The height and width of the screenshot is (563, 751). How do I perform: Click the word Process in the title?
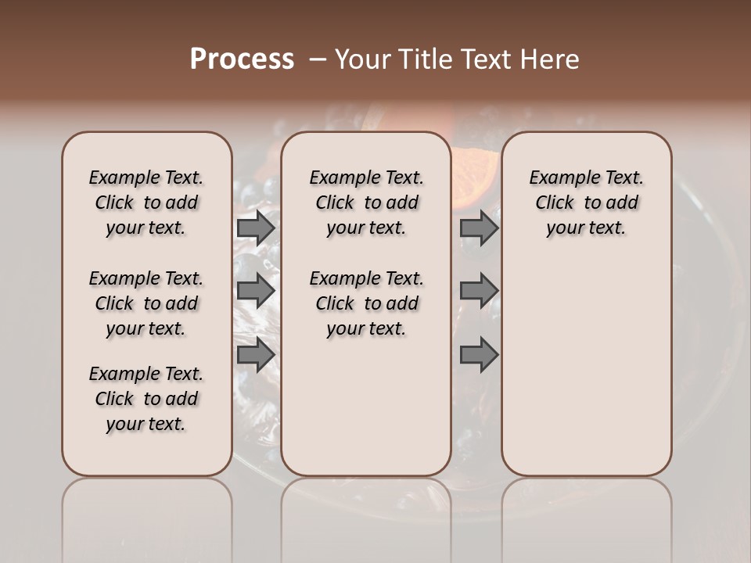(x=242, y=59)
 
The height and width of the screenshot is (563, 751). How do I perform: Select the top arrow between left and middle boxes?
(x=256, y=228)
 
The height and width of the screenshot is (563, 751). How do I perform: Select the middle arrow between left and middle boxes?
(x=256, y=292)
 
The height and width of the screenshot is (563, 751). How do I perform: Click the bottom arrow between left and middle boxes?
(x=256, y=355)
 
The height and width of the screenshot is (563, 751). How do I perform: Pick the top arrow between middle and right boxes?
(x=479, y=228)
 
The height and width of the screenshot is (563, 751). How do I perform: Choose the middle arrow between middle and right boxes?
(x=479, y=292)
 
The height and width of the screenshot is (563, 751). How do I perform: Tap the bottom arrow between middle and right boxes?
(x=479, y=355)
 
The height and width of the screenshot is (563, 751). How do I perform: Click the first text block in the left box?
(x=146, y=203)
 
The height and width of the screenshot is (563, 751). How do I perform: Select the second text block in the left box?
(x=146, y=303)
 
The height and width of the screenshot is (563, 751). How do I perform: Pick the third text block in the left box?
(x=146, y=399)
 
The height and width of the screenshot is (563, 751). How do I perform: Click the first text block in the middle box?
(x=366, y=203)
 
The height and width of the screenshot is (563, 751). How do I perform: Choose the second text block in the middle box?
(x=366, y=303)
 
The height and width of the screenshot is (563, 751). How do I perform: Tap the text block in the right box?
(x=586, y=203)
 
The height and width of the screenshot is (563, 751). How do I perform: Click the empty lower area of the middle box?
(x=366, y=407)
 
